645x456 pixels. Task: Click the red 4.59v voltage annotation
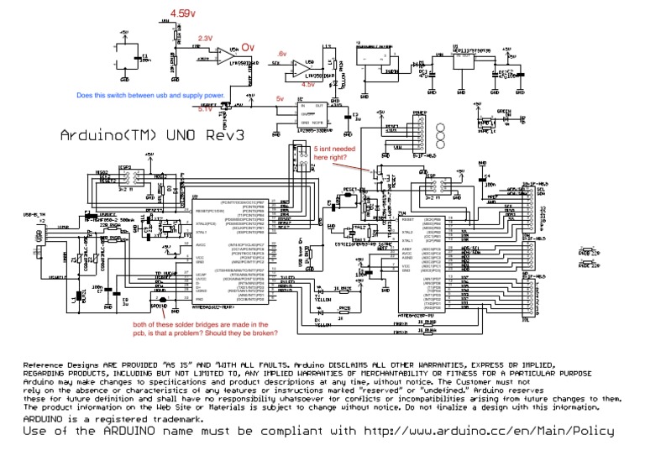coord(182,14)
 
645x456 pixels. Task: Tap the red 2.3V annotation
coord(206,39)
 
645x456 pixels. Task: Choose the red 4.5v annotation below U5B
coord(308,84)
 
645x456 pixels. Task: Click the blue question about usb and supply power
coord(149,95)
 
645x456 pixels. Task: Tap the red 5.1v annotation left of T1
coord(205,109)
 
